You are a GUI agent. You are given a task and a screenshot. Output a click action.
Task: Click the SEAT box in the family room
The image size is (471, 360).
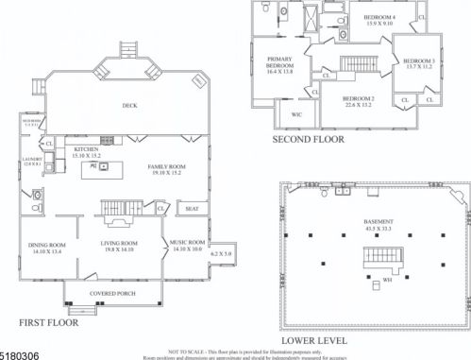pos(191,209)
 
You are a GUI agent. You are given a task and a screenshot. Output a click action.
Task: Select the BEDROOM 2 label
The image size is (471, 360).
pos(359,99)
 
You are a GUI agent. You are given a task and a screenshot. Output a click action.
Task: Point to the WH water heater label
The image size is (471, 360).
pos(388,281)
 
